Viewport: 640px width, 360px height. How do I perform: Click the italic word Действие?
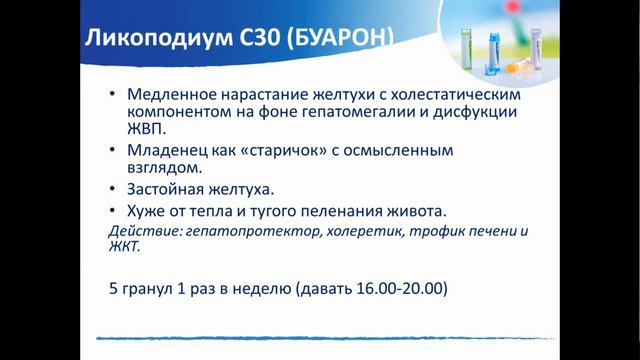pos(142,230)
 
